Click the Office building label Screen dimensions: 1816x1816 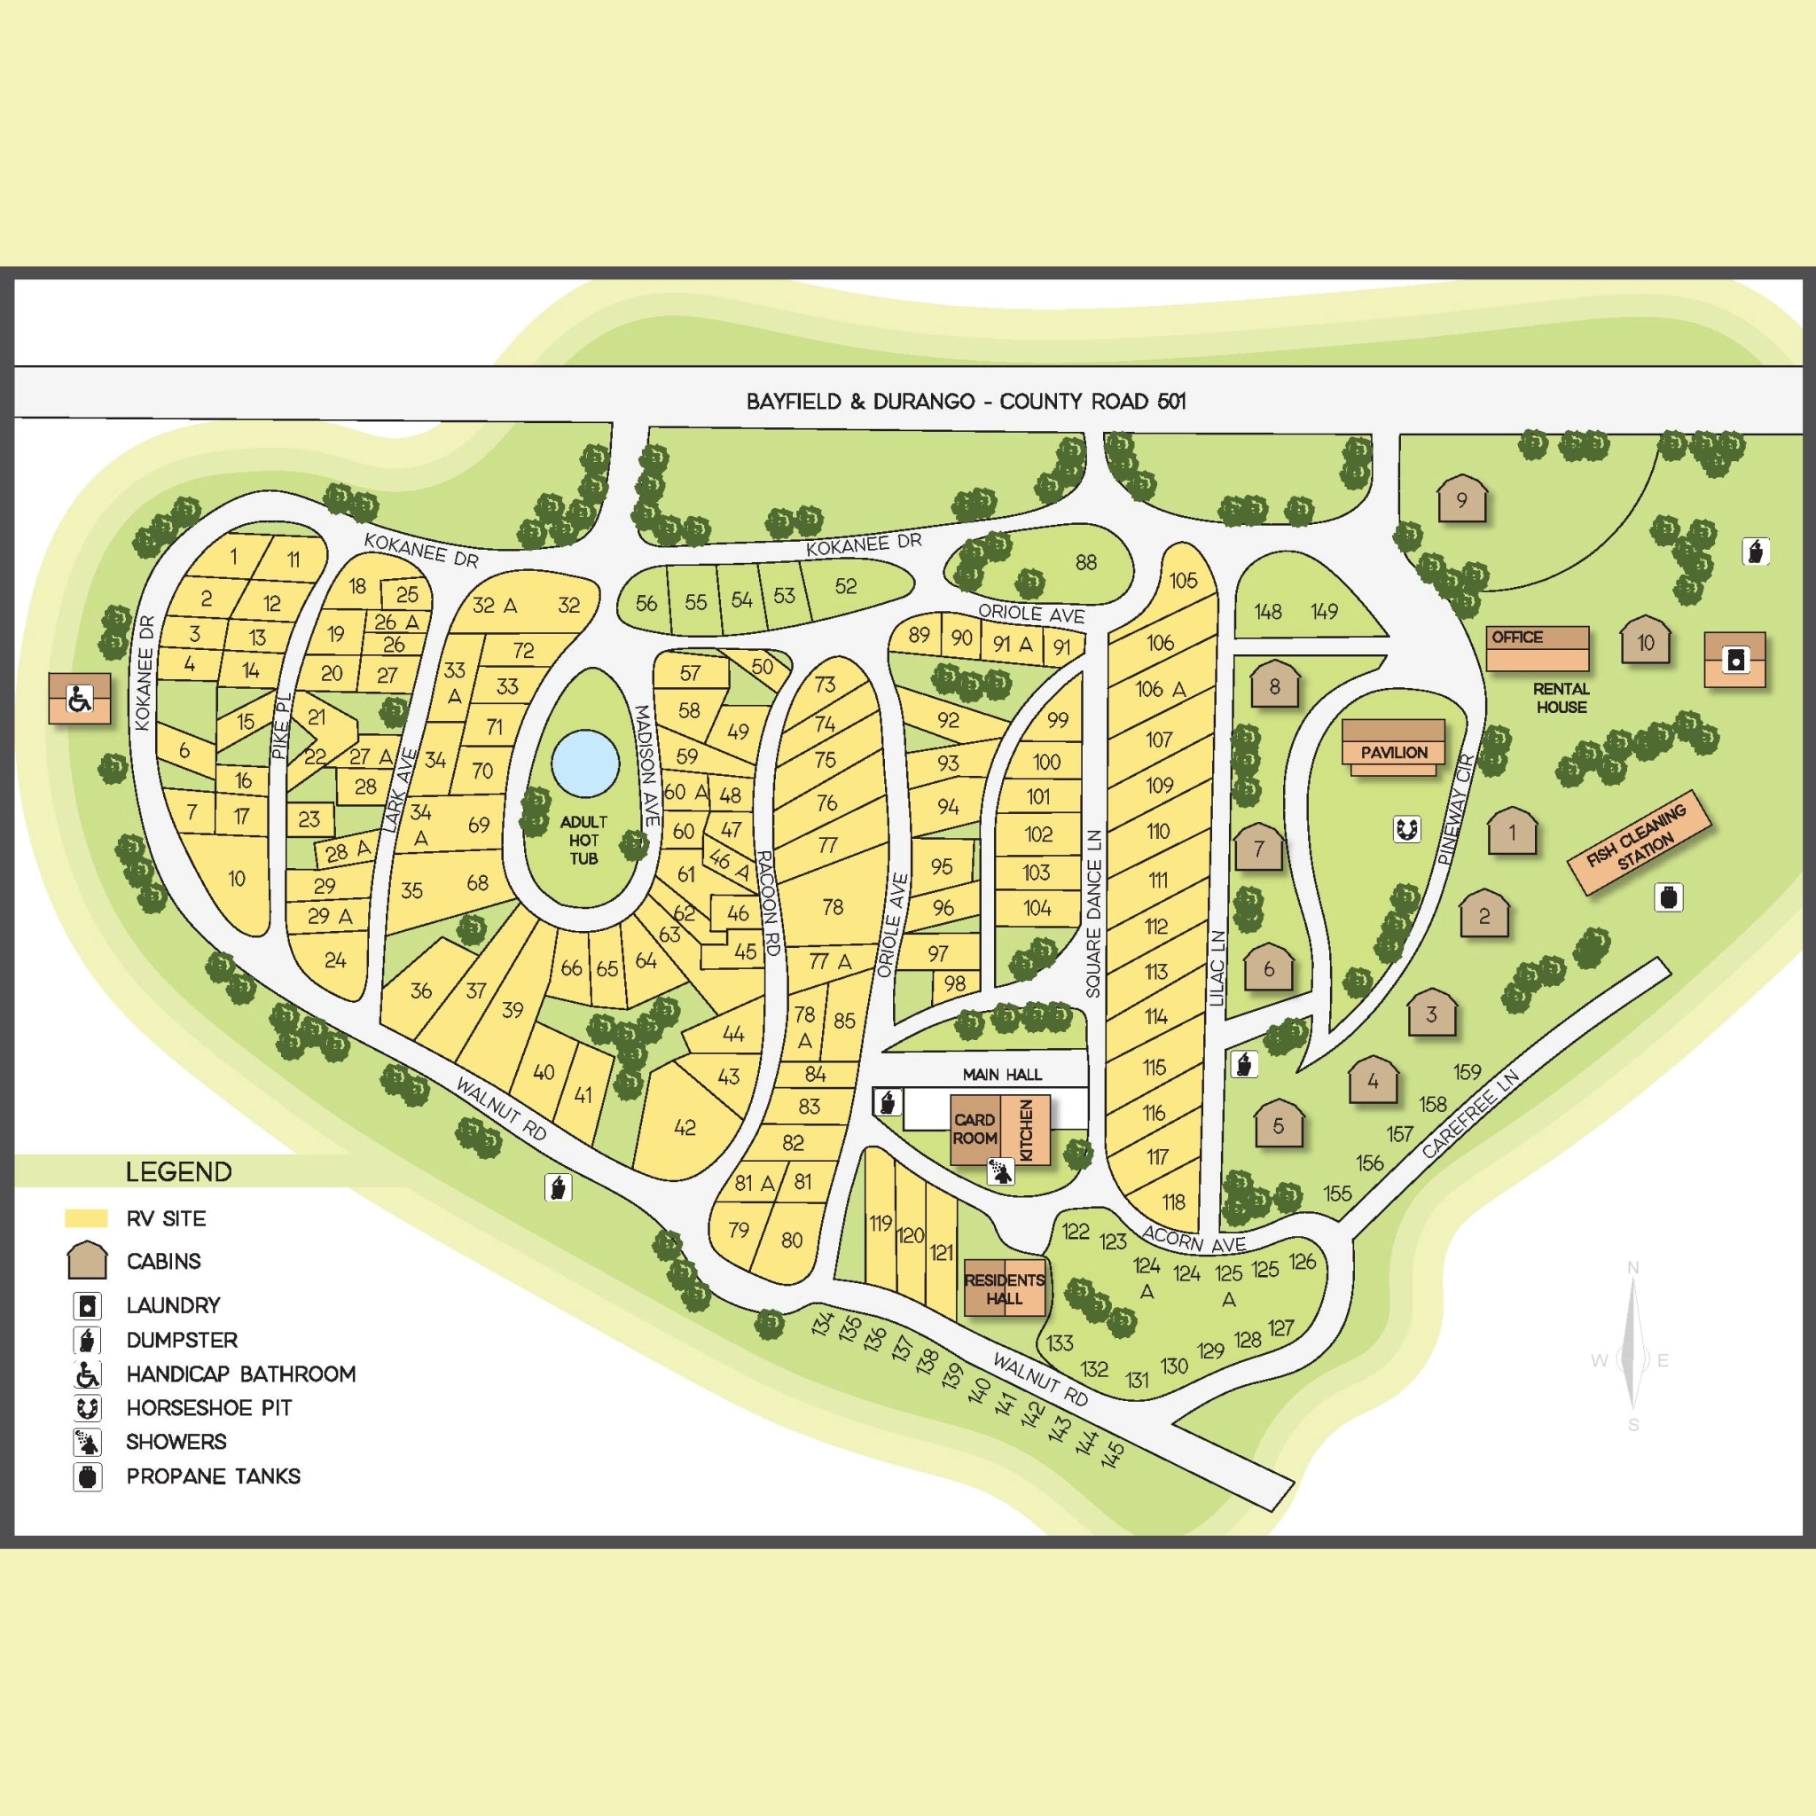click(x=1516, y=638)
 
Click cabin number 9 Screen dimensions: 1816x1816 click(x=1461, y=500)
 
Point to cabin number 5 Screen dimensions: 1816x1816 click(x=1279, y=1124)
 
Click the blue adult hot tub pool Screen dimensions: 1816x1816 click(x=584, y=763)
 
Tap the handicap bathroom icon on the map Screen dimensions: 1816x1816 click(x=80, y=699)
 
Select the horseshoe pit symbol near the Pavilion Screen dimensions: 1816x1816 click(x=1406, y=829)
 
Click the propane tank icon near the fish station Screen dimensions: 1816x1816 click(x=1669, y=897)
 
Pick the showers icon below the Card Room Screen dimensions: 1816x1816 click(x=1001, y=1171)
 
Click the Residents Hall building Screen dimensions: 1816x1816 click(x=1004, y=1288)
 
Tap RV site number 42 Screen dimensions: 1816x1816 click(x=685, y=1127)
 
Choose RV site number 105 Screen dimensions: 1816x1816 click(x=1184, y=580)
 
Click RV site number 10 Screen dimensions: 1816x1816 click(x=236, y=878)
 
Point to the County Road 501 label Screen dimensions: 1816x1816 click(x=966, y=402)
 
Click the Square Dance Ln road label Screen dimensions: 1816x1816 click(x=1093, y=912)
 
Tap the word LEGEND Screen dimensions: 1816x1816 click(x=178, y=1172)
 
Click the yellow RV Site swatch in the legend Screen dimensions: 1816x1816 click(x=85, y=1218)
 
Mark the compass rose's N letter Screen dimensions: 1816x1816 click(x=1632, y=1269)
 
